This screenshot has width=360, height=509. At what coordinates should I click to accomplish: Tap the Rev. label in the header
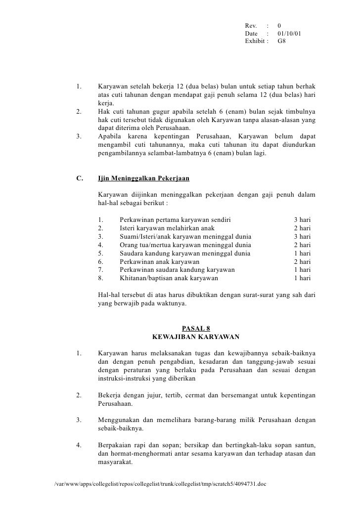(x=251, y=26)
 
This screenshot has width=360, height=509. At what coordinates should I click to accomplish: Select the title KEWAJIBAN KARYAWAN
(x=196, y=338)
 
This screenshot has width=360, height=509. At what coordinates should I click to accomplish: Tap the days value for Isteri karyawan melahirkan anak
(x=302, y=228)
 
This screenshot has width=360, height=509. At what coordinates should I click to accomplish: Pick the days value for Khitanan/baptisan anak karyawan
(x=302, y=278)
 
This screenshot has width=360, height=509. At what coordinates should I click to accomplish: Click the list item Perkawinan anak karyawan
(x=159, y=261)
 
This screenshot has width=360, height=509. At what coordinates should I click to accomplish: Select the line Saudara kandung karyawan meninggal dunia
(x=184, y=253)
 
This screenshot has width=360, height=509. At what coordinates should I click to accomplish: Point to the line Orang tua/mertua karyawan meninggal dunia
(x=185, y=245)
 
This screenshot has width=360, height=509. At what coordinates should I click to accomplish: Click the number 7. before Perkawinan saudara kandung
(x=101, y=270)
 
